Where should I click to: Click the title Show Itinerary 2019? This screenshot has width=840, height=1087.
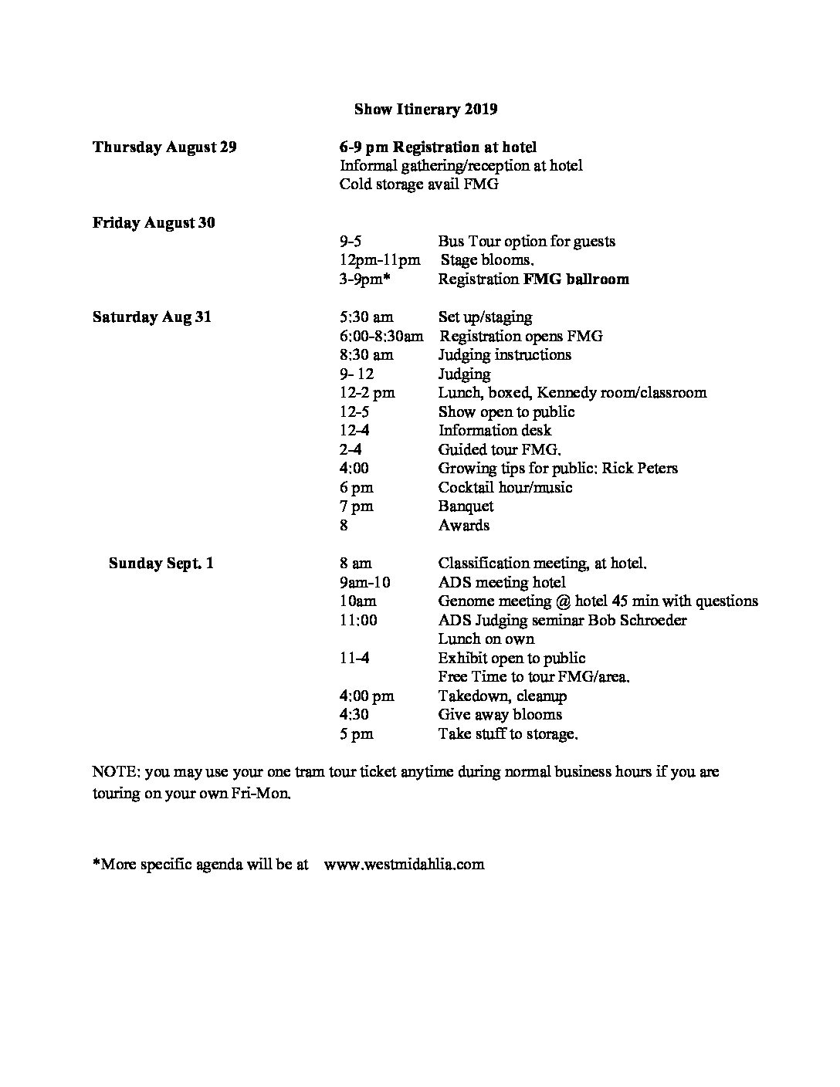[x=425, y=109]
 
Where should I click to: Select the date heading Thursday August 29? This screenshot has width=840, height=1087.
[x=164, y=147]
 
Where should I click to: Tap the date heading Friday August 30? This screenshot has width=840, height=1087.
[x=154, y=222]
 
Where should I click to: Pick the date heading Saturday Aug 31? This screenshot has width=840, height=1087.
[x=151, y=317]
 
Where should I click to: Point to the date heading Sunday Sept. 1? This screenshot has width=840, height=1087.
[x=161, y=563]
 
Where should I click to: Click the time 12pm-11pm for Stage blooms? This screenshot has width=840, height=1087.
[x=380, y=260]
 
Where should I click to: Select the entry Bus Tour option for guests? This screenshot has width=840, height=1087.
[x=527, y=241]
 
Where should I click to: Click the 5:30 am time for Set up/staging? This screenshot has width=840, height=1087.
[x=366, y=317]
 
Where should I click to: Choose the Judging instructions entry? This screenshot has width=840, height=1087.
[x=505, y=354]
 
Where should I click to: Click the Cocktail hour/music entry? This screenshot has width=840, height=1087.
[x=505, y=487]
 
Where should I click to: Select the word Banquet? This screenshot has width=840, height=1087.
[x=466, y=506]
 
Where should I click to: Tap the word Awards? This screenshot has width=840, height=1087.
[x=464, y=525]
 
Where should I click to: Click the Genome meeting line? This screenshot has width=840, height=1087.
[x=598, y=601]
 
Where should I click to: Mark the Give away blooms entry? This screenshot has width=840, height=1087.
[x=500, y=714]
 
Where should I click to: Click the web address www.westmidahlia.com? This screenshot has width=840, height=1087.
[x=405, y=864]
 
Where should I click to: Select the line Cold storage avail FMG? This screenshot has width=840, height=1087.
[x=418, y=185]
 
